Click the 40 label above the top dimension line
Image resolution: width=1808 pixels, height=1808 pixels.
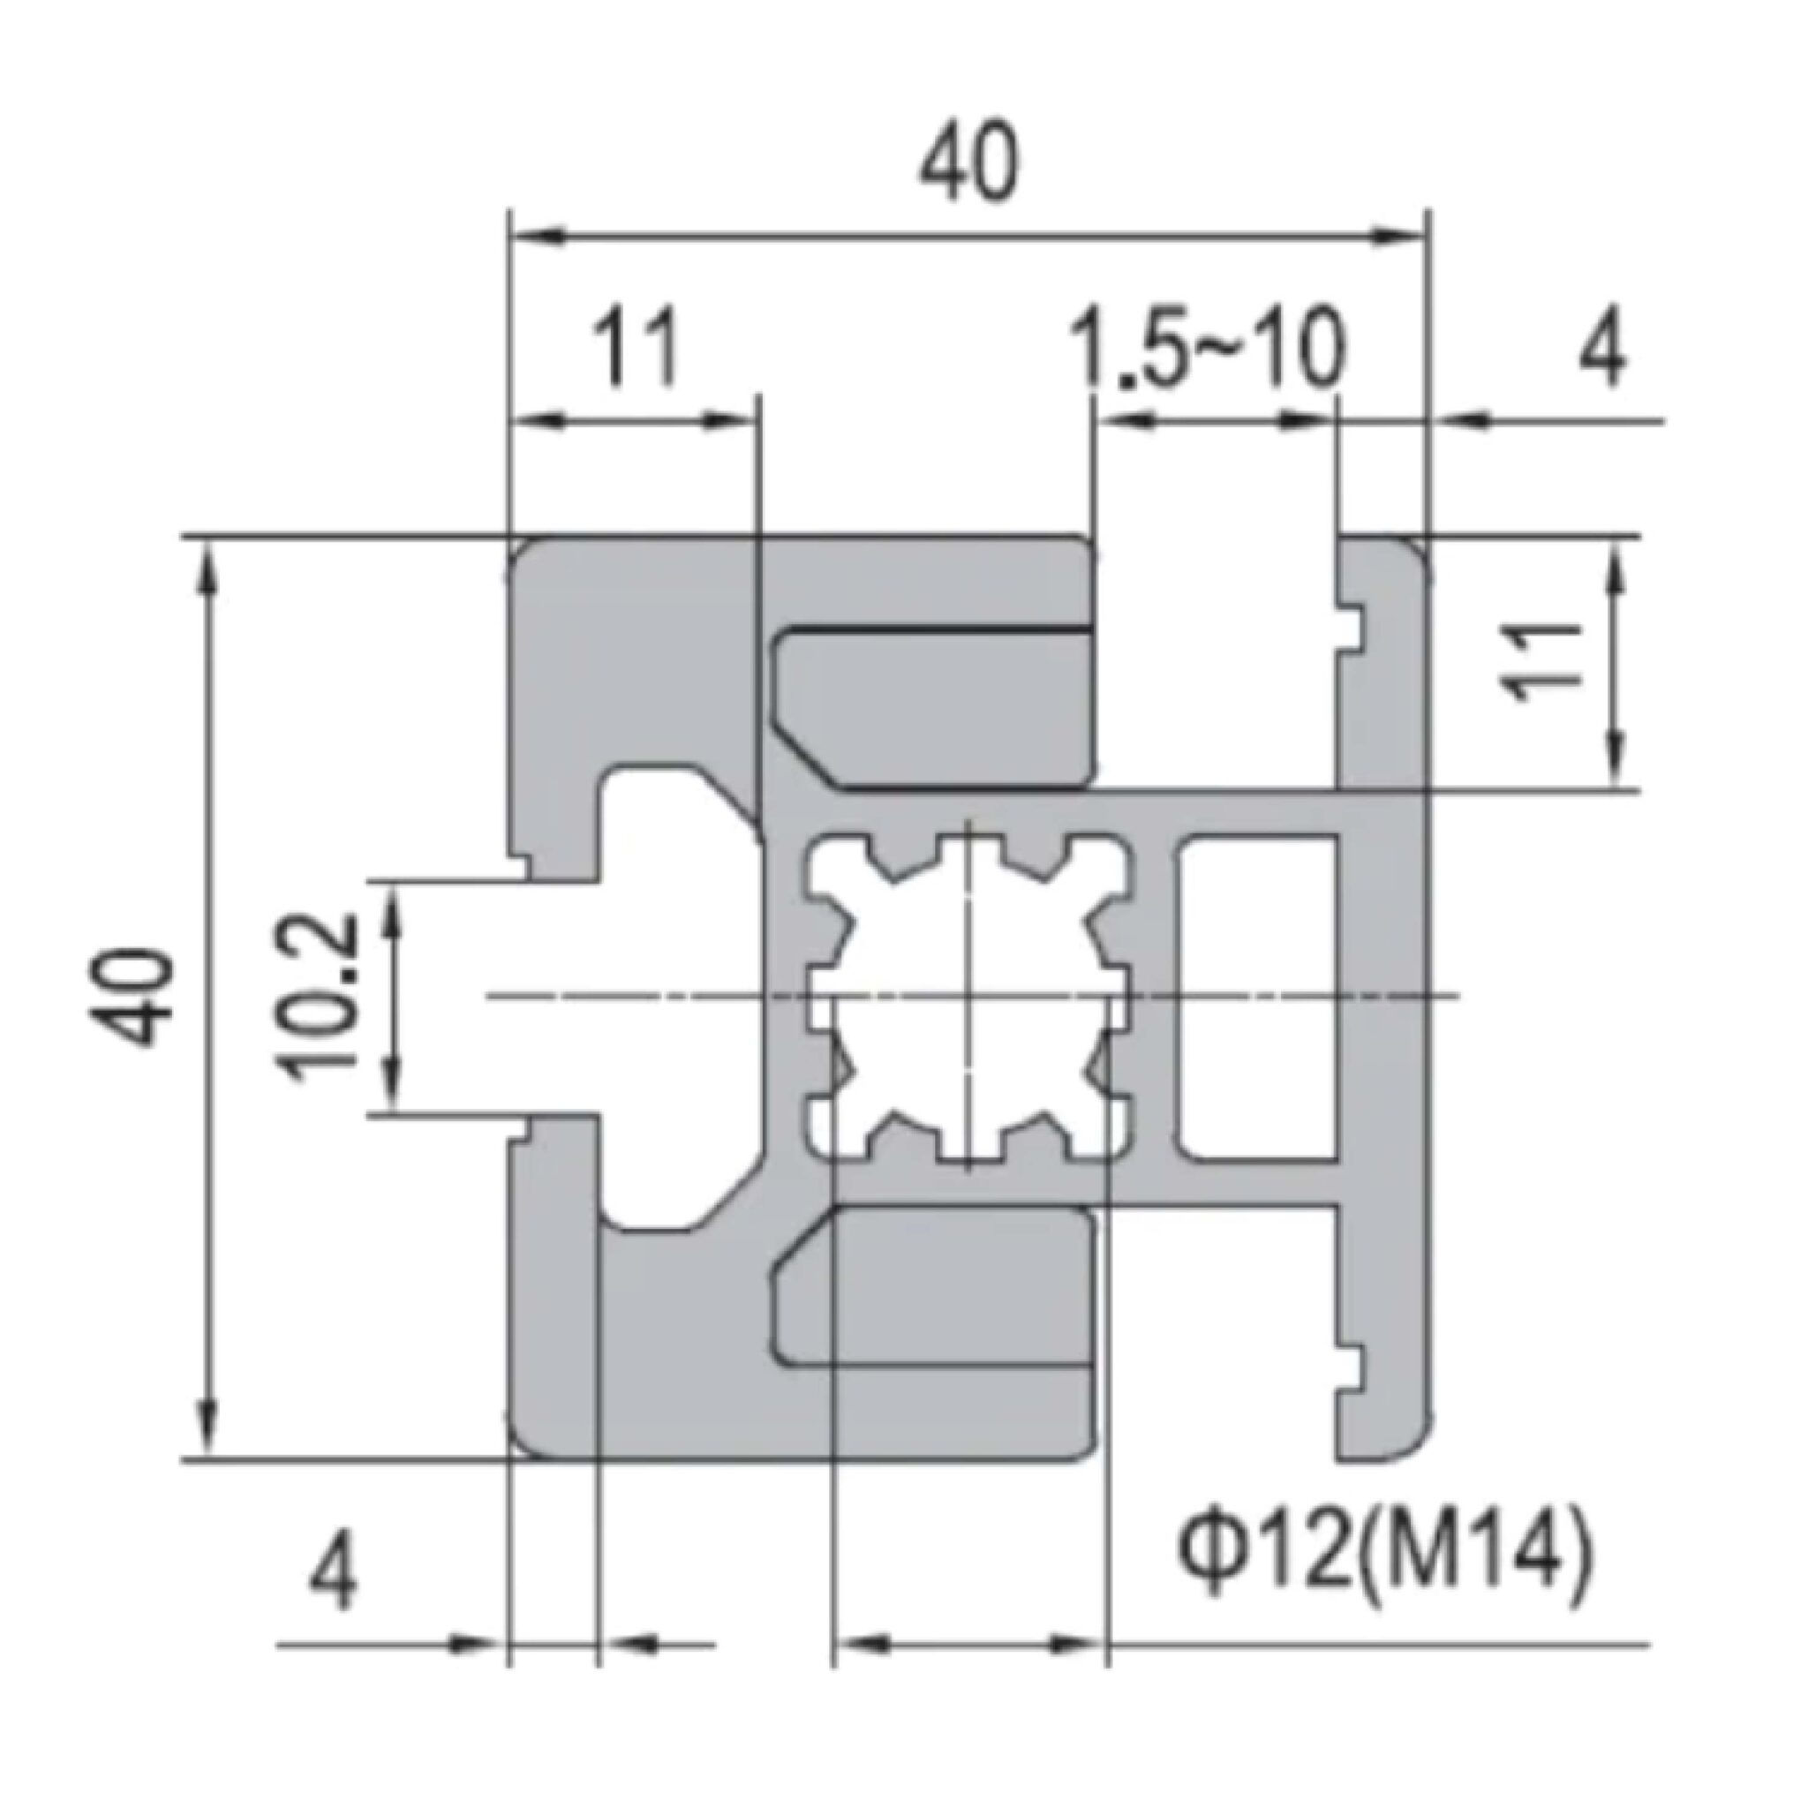pyautogui.click(x=968, y=165)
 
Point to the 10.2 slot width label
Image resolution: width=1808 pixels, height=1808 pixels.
pyautogui.click(x=318, y=998)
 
